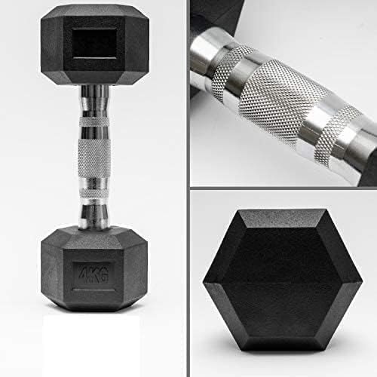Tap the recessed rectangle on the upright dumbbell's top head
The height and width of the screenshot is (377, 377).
pos(94,44)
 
